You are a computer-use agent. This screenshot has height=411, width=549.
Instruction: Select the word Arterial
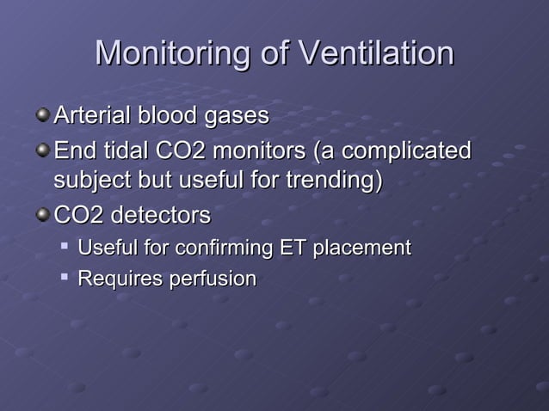[90, 115]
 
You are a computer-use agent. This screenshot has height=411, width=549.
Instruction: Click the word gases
[237, 115]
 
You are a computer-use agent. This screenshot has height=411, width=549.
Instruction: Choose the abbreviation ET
[293, 248]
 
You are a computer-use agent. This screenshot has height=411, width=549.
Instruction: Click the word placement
[361, 248]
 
